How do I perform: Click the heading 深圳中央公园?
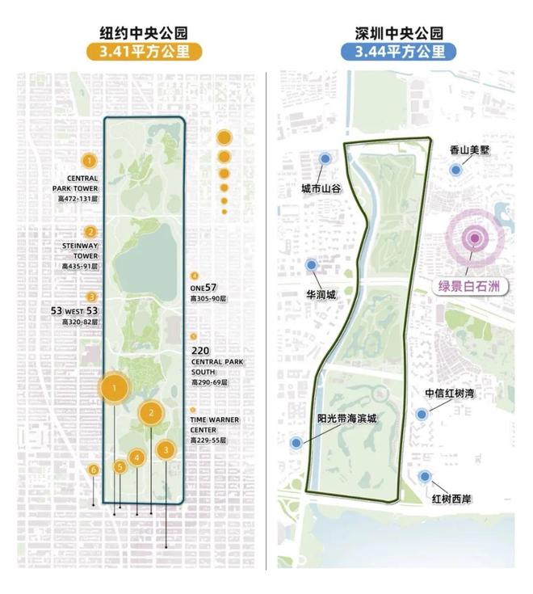[398, 33]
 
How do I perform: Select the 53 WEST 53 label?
[74, 311]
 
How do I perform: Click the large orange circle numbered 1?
[115, 389]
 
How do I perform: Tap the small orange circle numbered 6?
[94, 470]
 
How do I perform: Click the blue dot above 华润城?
[311, 264]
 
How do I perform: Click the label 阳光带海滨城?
[347, 419]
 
